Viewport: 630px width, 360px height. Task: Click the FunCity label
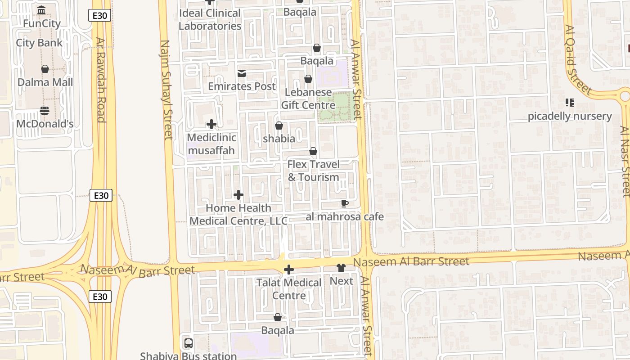click(x=42, y=23)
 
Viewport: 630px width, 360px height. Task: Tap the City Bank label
click(x=39, y=43)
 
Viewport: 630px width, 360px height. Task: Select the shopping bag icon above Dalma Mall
click(x=45, y=69)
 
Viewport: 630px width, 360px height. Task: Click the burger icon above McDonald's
click(x=45, y=110)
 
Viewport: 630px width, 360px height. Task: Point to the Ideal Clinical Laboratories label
click(x=210, y=19)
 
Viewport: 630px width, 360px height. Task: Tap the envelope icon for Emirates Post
click(x=242, y=73)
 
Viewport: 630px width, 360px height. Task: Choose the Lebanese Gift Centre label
click(x=308, y=99)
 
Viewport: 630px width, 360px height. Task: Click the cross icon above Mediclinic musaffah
click(x=211, y=124)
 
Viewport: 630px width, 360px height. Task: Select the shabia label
click(x=279, y=139)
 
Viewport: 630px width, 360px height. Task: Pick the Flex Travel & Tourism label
click(x=313, y=171)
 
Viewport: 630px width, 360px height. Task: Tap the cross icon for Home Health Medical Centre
click(x=238, y=195)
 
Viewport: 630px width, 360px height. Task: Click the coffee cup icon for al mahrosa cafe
click(x=345, y=204)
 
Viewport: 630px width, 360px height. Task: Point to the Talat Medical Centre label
click(x=289, y=289)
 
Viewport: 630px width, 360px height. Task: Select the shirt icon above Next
click(x=341, y=268)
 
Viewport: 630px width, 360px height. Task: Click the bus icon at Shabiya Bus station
click(x=189, y=343)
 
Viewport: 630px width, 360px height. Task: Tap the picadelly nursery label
click(x=570, y=116)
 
